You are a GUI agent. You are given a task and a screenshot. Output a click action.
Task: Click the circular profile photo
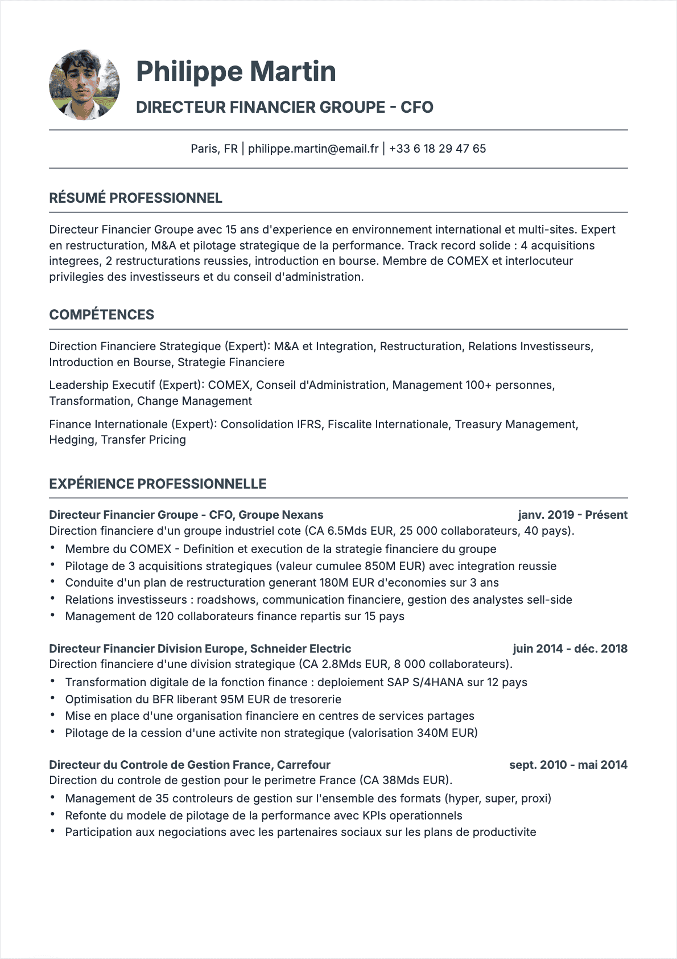click(x=84, y=85)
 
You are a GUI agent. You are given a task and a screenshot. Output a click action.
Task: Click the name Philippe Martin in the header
click(x=236, y=72)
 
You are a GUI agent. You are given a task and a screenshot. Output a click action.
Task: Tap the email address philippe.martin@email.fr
click(x=313, y=149)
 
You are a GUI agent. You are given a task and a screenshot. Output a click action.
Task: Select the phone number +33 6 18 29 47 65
click(x=437, y=149)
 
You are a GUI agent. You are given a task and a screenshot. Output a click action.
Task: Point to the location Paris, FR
click(x=214, y=149)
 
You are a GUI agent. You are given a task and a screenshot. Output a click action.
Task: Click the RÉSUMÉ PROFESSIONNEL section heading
click(x=135, y=198)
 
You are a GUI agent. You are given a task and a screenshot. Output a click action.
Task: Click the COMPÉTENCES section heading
click(x=101, y=315)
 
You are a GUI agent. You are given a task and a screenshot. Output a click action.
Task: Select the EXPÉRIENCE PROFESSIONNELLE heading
click(x=158, y=484)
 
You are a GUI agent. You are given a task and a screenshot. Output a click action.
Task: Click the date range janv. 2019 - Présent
click(x=572, y=515)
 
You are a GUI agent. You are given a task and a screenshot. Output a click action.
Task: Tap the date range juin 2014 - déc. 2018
click(x=569, y=649)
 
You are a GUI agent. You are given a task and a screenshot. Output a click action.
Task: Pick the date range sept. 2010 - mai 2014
click(x=568, y=765)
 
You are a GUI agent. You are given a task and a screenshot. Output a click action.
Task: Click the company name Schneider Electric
click(x=300, y=649)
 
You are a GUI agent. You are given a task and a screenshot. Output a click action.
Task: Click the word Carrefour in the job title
click(x=303, y=765)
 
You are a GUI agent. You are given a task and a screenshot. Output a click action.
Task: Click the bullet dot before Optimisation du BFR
click(x=52, y=698)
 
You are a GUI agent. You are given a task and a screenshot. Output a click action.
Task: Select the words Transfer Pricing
click(x=143, y=440)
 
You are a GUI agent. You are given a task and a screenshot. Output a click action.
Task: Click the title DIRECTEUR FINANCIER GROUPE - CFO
click(x=284, y=107)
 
